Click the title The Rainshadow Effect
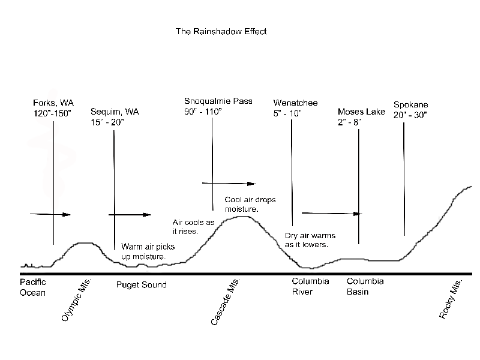(x=221, y=31)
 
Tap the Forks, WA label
(x=53, y=103)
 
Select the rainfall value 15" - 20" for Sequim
(x=107, y=122)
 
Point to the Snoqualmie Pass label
(x=218, y=101)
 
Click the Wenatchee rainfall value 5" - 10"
(x=287, y=113)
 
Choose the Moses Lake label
(x=361, y=112)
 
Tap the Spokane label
(x=411, y=104)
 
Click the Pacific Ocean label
(x=33, y=287)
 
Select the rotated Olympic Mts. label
(x=76, y=300)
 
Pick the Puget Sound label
(x=142, y=284)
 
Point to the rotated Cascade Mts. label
(x=226, y=302)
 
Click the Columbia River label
(x=310, y=286)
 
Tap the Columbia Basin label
(x=365, y=286)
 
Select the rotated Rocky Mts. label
(x=451, y=299)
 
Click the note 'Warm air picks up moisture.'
(x=148, y=251)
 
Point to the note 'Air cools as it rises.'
(x=193, y=227)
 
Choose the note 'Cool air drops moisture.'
(x=250, y=204)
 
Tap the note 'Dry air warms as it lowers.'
(x=310, y=240)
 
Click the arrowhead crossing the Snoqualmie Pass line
(x=251, y=184)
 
